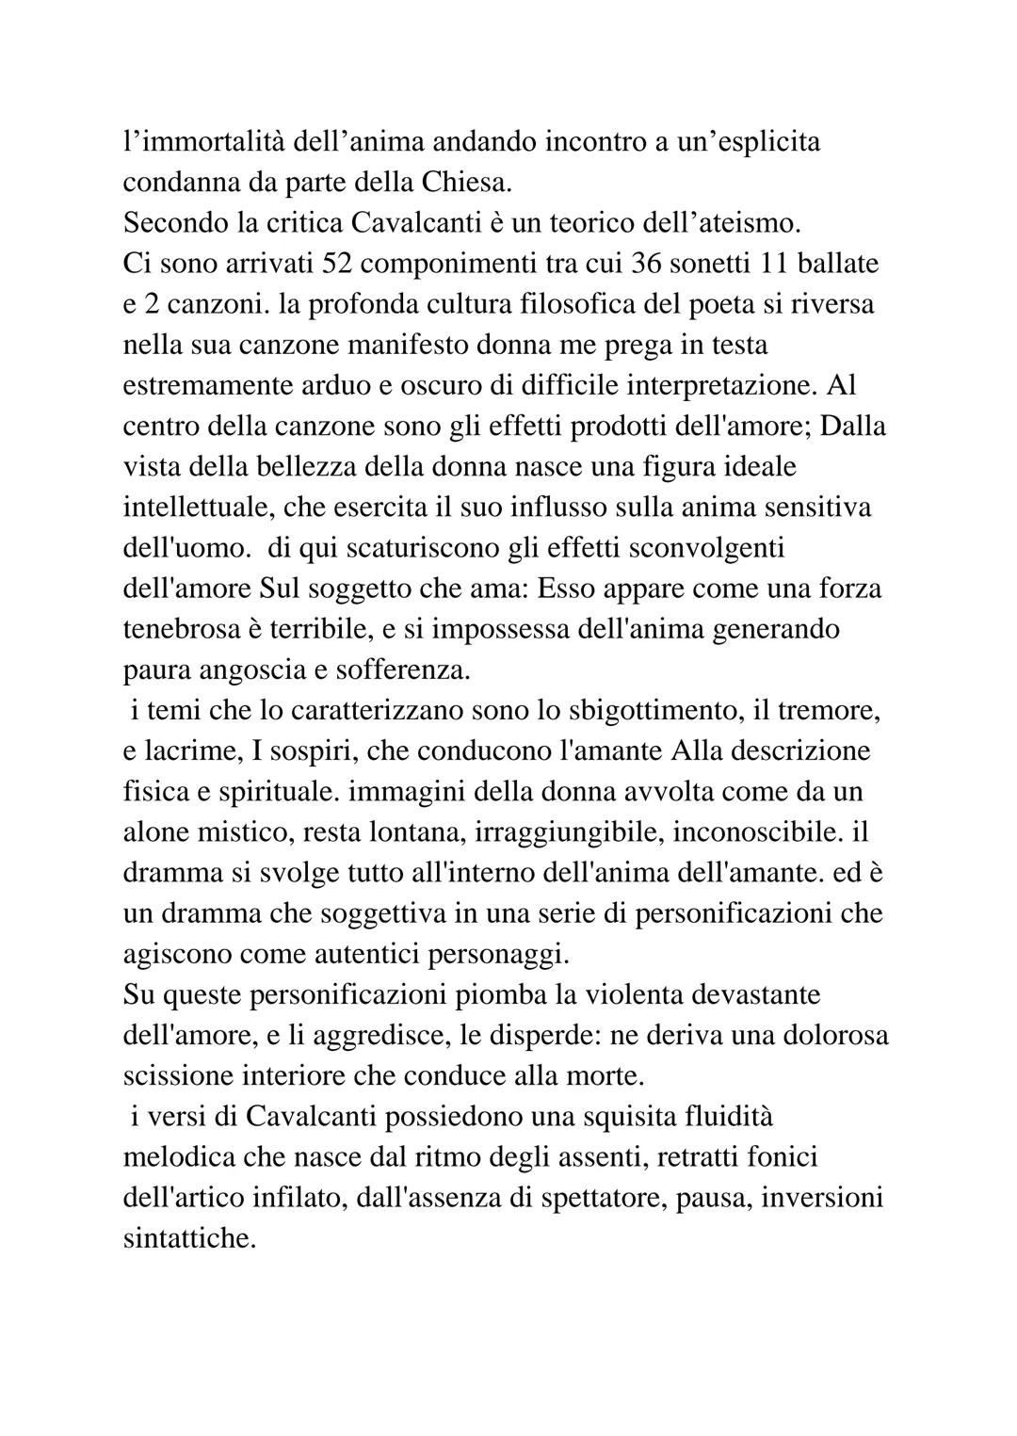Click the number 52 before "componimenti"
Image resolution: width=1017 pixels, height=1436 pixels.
pyautogui.click(x=337, y=264)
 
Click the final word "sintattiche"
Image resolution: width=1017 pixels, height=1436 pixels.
pyautogui.click(x=189, y=1238)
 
